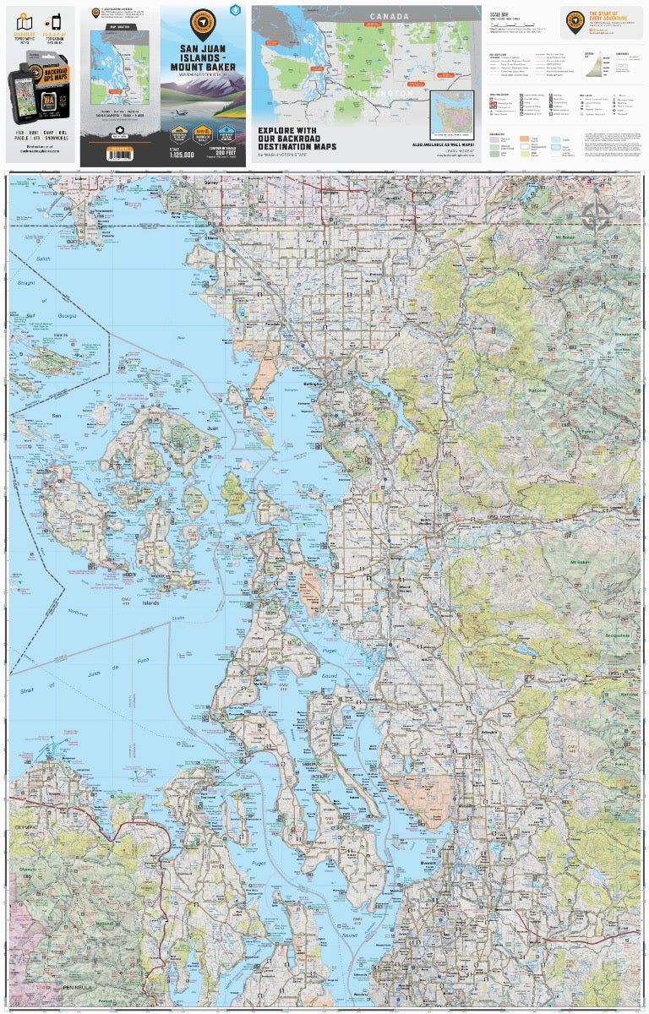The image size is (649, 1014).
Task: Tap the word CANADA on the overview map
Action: tap(389, 16)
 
